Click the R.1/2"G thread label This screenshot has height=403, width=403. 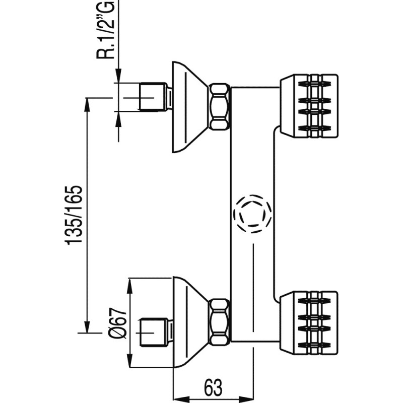[106, 30]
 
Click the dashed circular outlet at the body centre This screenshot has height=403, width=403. [252, 214]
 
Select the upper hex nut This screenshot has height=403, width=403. [220, 107]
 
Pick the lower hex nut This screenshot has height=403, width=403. [220, 322]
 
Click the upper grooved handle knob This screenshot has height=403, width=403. [308, 105]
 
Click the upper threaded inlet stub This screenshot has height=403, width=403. [154, 97]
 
